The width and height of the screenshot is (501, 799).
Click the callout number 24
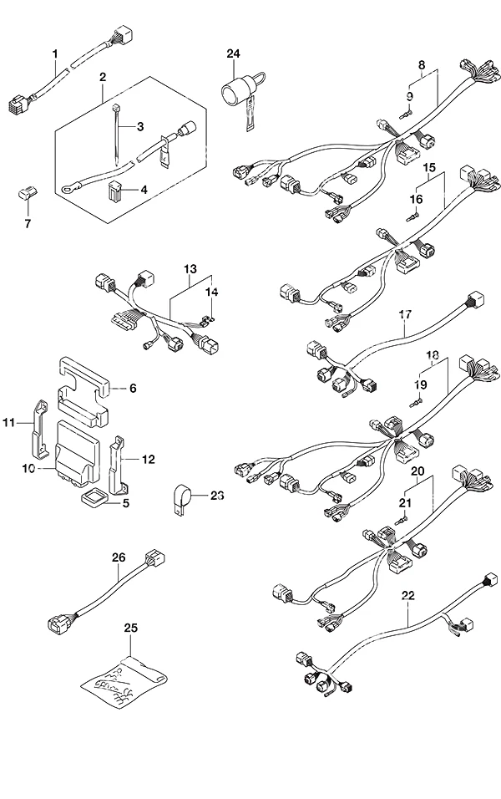tap(233, 53)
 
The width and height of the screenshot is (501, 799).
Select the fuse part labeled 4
tap(115, 190)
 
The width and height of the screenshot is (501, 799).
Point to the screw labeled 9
tap(406, 115)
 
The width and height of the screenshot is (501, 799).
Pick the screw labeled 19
tap(417, 404)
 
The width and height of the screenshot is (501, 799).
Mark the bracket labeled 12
tap(118, 465)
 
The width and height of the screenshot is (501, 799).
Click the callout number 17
tap(405, 314)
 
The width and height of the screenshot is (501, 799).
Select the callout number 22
tap(408, 595)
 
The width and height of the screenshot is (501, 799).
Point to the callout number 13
tap(190, 268)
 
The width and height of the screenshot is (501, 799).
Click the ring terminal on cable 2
tap(67, 190)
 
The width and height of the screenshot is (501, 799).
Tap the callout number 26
tap(119, 557)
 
